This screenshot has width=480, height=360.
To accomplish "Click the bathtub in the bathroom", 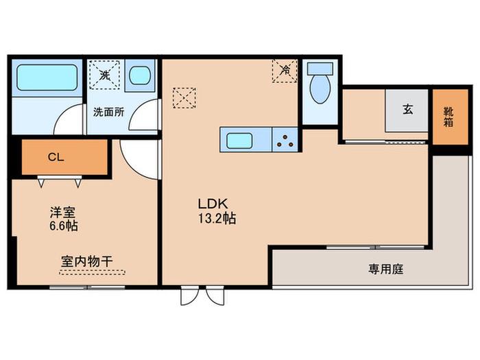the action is pos(47,77).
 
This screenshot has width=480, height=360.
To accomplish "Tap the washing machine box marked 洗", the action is pos(104,74).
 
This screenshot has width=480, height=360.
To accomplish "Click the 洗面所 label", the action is pos(108,112).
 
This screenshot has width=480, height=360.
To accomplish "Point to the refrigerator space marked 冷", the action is pos(285,71).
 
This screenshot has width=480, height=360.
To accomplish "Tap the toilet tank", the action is pos(320,69).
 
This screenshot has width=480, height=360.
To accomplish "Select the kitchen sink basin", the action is pos(239,141).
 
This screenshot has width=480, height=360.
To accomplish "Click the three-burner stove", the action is pos(285,140).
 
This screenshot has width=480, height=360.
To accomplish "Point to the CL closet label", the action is pos(56,157).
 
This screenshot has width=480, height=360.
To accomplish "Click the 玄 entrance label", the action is pos(408,109).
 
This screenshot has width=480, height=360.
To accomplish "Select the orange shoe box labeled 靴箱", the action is pos(451,117).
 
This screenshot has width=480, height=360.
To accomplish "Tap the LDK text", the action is pos(213,204).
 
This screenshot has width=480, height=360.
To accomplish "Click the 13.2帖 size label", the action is pos(217,219).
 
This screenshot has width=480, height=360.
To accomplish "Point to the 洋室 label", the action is pos(63,212).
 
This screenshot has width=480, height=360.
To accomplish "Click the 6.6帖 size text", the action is pos(64,226).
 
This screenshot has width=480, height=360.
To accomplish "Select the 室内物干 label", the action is pos(87,261).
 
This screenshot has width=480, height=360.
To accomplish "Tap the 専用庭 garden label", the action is pos(385,269).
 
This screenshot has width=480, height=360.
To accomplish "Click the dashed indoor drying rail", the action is pos(92,272).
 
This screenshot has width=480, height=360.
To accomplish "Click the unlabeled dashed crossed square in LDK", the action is pos(184,98).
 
